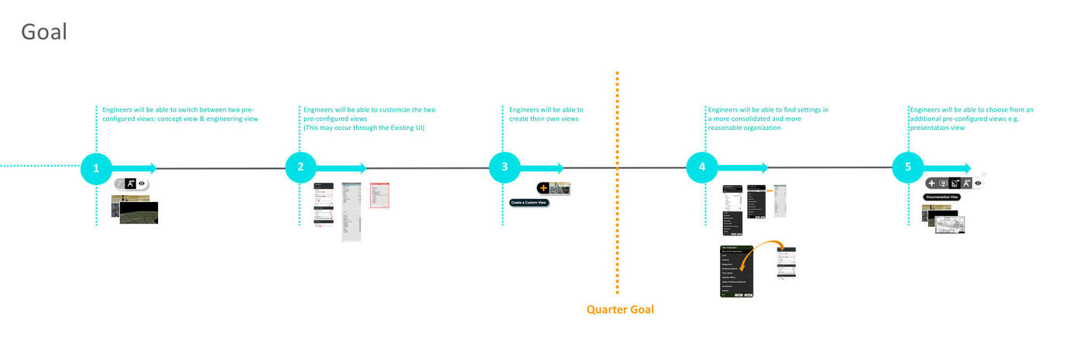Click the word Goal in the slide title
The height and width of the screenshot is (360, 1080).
click(44, 32)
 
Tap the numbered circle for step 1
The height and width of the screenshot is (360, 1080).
click(96, 168)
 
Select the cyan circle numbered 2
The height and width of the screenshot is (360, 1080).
click(300, 167)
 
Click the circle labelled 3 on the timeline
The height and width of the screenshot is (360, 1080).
click(505, 167)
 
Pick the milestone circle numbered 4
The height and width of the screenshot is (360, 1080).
click(702, 167)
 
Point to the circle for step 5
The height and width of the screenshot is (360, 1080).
click(907, 167)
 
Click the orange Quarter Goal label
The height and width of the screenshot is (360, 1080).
click(620, 310)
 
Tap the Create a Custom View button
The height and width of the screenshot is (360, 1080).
click(529, 203)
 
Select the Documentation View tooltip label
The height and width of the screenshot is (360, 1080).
click(942, 197)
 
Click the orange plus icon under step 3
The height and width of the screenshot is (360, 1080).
click(543, 187)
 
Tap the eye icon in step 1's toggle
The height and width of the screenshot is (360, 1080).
click(142, 184)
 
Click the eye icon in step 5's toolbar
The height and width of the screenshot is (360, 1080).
click(978, 183)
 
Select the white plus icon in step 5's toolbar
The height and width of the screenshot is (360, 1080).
click(931, 183)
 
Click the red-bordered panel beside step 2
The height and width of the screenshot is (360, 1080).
click(379, 194)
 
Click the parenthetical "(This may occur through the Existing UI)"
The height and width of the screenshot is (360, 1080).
click(364, 128)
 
